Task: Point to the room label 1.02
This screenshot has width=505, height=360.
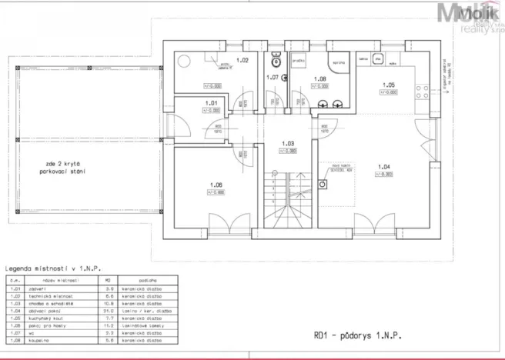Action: point(241,60)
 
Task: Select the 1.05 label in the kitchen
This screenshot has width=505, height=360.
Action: point(390,85)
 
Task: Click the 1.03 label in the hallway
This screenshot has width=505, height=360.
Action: point(288,143)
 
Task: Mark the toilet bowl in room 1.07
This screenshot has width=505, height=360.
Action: point(275,62)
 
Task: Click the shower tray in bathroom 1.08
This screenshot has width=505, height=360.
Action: point(338,63)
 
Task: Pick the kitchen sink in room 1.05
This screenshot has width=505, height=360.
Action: point(375,58)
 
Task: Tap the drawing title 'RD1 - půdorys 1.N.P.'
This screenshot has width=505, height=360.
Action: point(356,335)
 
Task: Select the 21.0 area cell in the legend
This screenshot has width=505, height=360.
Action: point(110,311)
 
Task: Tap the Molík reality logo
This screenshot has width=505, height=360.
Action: point(470,15)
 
